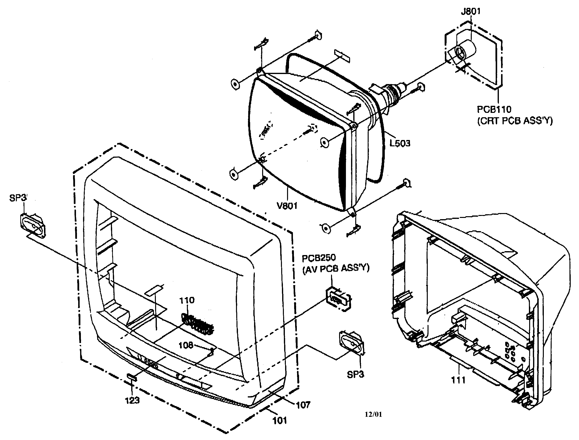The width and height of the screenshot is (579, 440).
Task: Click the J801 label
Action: (470, 11)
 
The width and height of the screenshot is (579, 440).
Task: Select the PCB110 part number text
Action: (494, 109)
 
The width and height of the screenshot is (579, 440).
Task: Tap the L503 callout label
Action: (400, 143)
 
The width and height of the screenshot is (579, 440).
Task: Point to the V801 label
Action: (287, 206)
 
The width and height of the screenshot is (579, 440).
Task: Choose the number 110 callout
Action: (187, 300)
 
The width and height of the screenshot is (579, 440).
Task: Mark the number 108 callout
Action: (186, 345)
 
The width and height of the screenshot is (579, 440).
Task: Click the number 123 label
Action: (132, 400)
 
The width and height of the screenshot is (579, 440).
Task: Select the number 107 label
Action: (303, 405)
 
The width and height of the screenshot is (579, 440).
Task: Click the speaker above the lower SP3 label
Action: (352, 343)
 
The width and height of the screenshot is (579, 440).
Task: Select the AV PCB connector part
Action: (338, 299)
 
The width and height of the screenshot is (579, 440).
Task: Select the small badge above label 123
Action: (132, 377)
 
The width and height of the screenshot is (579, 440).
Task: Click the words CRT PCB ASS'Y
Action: (515, 121)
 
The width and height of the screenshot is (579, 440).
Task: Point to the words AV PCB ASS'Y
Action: (336, 268)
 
